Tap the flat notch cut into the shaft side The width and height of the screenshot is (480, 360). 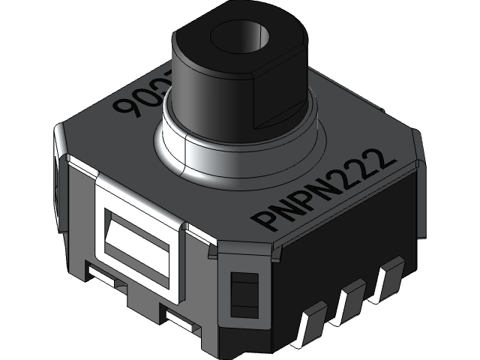(277, 97)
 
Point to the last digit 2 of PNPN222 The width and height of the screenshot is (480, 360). (384, 160)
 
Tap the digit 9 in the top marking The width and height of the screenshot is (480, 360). (124, 112)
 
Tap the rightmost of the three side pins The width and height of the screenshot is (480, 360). (388, 275)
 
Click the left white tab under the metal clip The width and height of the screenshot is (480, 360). (105, 276)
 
